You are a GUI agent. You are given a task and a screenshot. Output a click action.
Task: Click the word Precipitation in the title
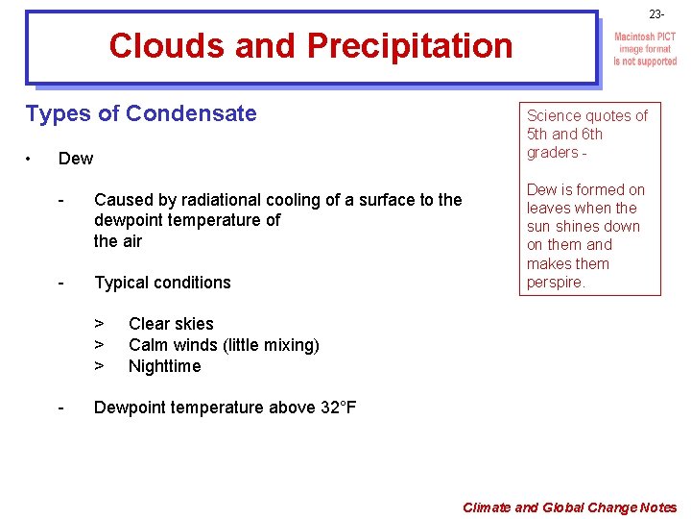coord(410,45)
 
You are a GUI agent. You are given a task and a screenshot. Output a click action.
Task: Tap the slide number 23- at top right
coord(655,14)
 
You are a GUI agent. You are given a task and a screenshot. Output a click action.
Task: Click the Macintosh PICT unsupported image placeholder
coord(645,49)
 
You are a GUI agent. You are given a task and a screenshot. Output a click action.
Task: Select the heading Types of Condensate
coord(141,113)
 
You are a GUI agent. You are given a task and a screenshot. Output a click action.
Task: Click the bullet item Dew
coord(76,158)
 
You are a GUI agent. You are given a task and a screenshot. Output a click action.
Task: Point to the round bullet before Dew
coord(32,158)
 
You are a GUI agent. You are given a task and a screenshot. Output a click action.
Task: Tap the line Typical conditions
coord(162,283)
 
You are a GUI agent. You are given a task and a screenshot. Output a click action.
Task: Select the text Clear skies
coord(171,324)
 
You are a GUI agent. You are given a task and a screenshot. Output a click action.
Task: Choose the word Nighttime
coord(164,366)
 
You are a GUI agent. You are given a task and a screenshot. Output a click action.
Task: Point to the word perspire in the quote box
coord(555,283)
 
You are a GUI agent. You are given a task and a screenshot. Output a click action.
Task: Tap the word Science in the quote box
coord(553,115)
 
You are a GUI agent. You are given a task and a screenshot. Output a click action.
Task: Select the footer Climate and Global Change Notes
coord(569,507)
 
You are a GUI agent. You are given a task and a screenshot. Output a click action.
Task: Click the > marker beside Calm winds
coord(98,345)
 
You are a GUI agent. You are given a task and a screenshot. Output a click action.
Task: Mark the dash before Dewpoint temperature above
coord(60,408)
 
